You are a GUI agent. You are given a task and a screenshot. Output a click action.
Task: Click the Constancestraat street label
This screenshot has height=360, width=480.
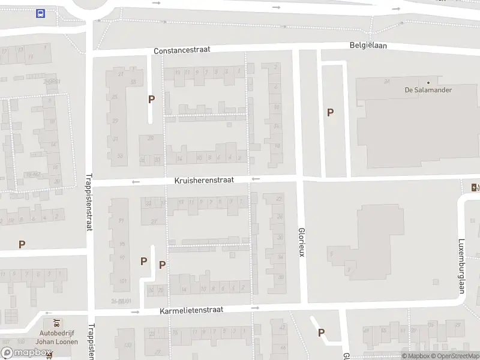click(182, 50)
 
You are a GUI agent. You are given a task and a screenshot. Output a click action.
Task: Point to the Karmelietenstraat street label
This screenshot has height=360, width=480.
click(191, 310)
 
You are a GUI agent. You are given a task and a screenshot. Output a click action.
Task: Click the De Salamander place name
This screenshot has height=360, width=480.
click(428, 90)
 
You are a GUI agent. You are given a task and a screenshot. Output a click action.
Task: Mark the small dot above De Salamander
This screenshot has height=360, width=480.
click(428, 82)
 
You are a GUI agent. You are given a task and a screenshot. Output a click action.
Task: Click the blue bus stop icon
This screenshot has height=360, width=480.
click(40, 14)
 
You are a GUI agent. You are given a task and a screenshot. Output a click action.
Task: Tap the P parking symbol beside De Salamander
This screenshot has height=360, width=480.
click(330, 112)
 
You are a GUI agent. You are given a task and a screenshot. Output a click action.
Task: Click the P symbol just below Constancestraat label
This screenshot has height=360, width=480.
click(152, 100)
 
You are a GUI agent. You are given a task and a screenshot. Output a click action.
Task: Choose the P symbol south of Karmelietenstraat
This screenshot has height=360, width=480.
click(322, 332)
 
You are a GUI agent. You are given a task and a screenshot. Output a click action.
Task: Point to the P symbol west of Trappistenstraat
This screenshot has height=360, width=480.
click(22, 244)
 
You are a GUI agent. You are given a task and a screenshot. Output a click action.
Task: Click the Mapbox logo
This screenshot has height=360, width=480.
click(25, 353)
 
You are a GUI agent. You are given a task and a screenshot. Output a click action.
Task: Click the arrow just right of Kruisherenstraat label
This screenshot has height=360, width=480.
click(256, 179)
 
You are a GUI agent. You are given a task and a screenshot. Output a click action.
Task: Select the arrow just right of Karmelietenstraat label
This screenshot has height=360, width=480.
click(255, 308)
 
